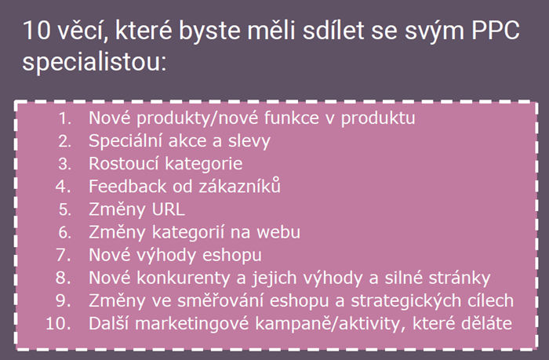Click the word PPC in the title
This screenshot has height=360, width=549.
coord(496,31)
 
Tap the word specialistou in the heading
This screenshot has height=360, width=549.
coord(94,62)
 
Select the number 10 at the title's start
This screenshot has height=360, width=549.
coord(37,31)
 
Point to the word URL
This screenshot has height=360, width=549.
coord(168,209)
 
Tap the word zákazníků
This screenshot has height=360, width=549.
coord(240,186)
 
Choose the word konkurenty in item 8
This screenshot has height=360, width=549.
coord(183,278)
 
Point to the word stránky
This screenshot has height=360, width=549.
coord(460,278)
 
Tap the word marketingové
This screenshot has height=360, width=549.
coord(192,324)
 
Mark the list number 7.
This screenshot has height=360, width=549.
coord(64,255)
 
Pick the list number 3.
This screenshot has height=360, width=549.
coord(65,164)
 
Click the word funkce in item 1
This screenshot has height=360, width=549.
coord(291,118)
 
